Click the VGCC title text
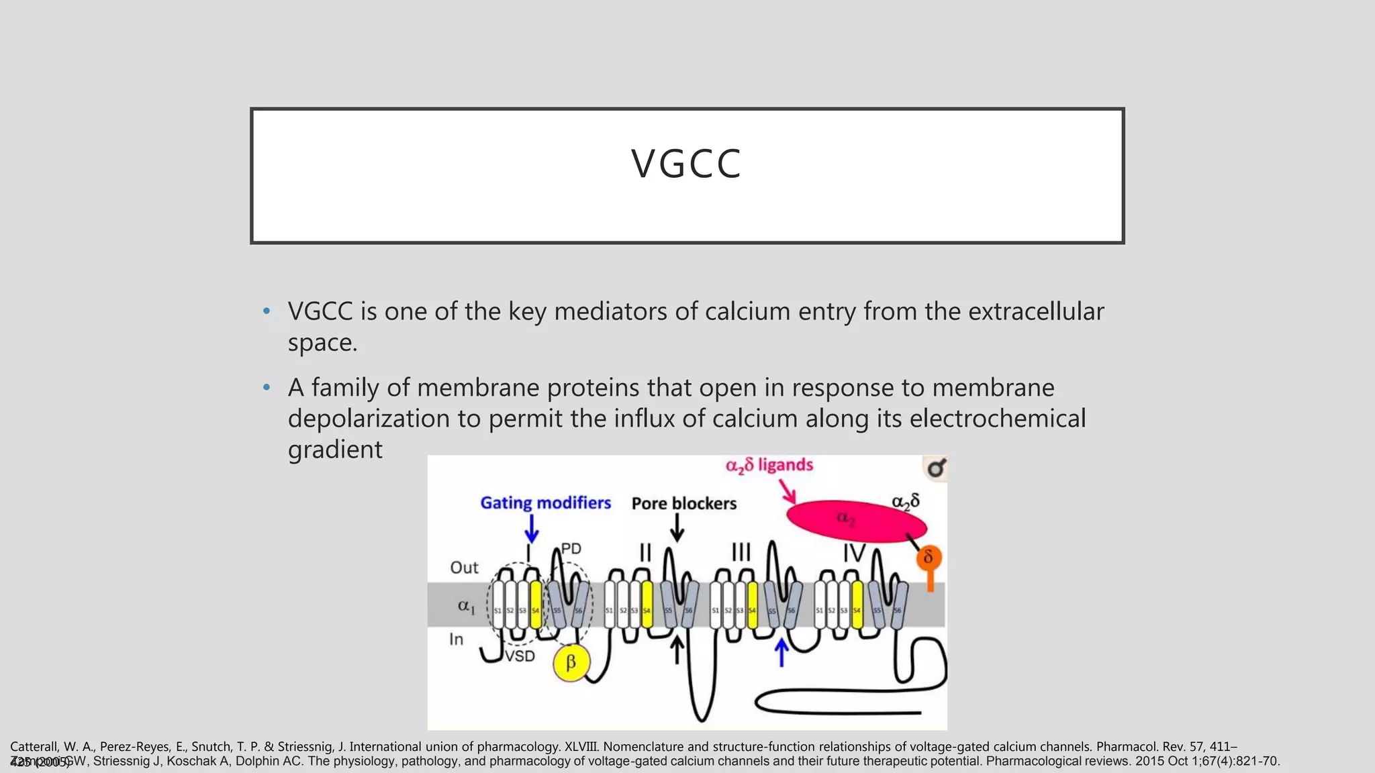tap(686, 164)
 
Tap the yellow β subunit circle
tap(571, 663)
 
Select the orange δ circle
tap(929, 558)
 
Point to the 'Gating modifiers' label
tap(545, 503)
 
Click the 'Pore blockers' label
tap(683, 504)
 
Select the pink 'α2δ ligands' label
tap(769, 466)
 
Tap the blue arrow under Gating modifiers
tap(532, 529)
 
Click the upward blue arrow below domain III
tap(781, 652)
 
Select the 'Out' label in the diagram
tap(464, 568)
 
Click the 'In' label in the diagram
tap(457, 639)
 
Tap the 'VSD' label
tap(520, 656)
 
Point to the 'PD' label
tap(571, 549)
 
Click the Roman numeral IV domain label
tap(854, 554)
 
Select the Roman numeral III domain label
tap(741, 553)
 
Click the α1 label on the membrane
tap(466, 606)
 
